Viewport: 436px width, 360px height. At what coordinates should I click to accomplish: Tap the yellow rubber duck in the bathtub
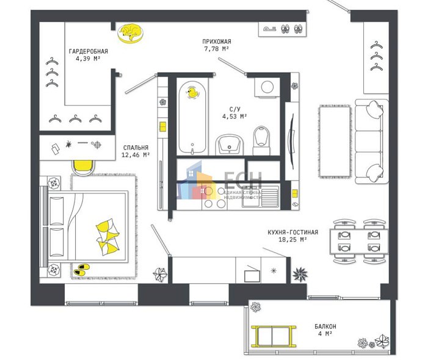tap(194, 92)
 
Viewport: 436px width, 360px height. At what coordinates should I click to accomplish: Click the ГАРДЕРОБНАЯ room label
tap(88, 51)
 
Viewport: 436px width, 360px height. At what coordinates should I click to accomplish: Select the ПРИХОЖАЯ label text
tap(217, 41)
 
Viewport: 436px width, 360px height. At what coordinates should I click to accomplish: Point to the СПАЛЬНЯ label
tap(135, 148)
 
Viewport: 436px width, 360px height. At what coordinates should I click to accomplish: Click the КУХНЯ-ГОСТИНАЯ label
tap(293, 232)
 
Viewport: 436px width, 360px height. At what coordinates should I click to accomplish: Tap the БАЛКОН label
tap(325, 326)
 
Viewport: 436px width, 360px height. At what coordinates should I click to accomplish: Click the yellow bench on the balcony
tap(274, 336)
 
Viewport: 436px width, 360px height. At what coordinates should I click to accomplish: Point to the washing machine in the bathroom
tap(267, 87)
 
